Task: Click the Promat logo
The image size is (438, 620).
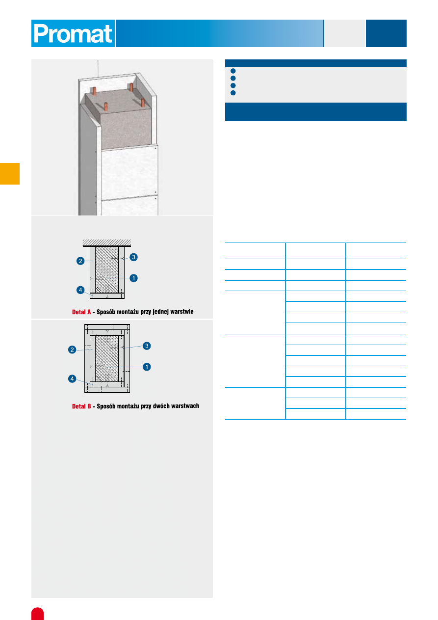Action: pyautogui.click(x=73, y=33)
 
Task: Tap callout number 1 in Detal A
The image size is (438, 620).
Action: pyautogui.click(x=133, y=278)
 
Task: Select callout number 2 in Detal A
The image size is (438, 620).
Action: pyautogui.click(x=80, y=261)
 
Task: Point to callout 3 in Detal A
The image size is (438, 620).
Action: pyautogui.click(x=133, y=257)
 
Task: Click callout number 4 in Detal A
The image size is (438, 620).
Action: pyautogui.click(x=80, y=290)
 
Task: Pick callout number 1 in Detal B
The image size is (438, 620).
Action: pyautogui.click(x=147, y=367)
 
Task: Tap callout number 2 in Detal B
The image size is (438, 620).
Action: pyautogui.click(x=72, y=350)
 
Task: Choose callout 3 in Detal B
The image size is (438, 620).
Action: pyautogui.click(x=147, y=346)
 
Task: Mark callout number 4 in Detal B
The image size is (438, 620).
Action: pyautogui.click(x=72, y=378)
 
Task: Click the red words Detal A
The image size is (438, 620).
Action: pyautogui.click(x=81, y=312)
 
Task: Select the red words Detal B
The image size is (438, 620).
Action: pyautogui.click(x=81, y=406)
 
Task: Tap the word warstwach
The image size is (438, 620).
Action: pyautogui.click(x=185, y=406)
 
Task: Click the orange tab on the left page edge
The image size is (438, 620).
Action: pyautogui.click(x=10, y=174)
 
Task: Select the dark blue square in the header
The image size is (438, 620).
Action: pyautogui.click(x=386, y=33)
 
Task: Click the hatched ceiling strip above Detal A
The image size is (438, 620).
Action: pyautogui.click(x=107, y=243)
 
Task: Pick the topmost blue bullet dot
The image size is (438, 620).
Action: pyautogui.click(x=233, y=71)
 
